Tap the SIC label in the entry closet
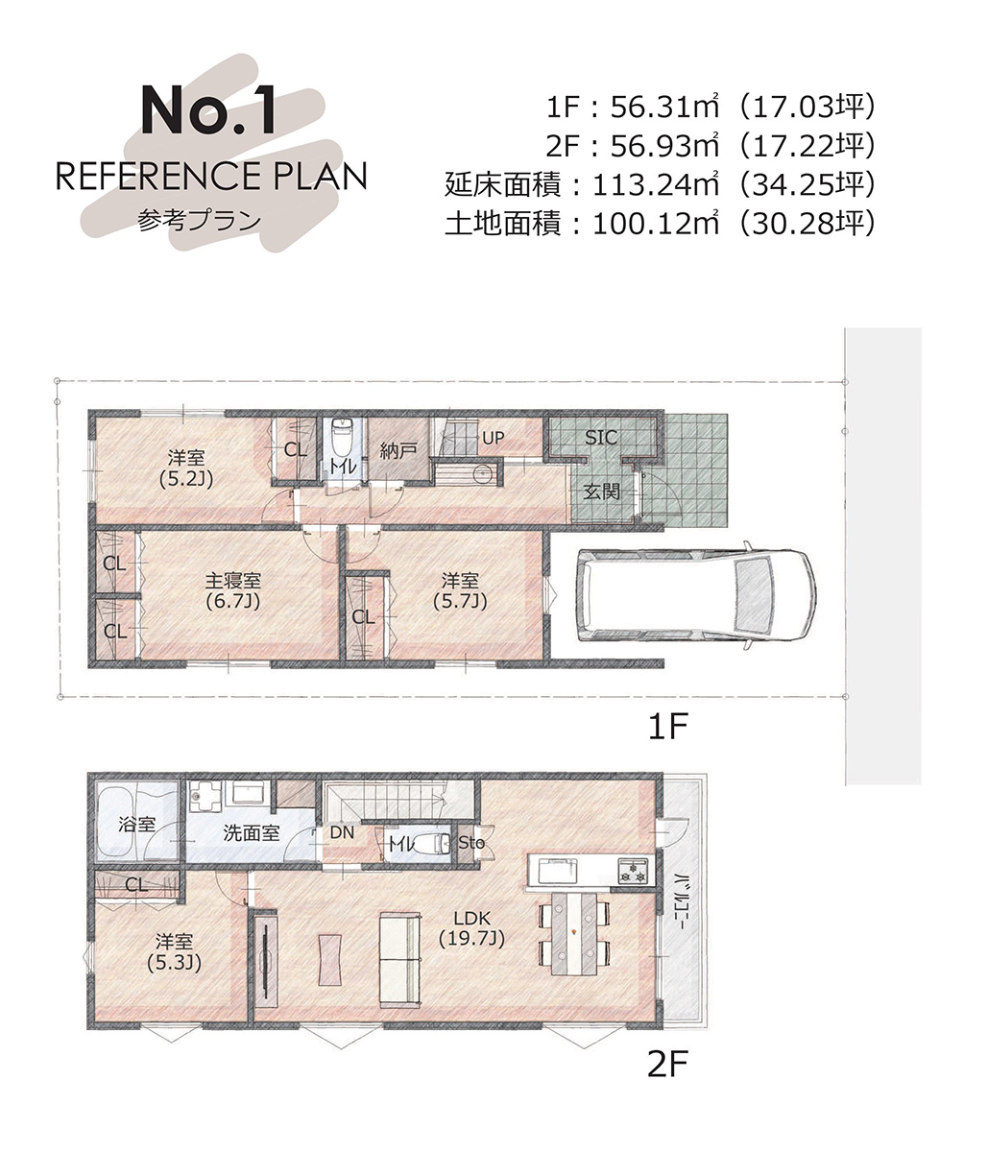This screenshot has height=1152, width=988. pyautogui.click(x=601, y=438)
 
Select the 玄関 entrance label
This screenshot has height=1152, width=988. pyautogui.click(x=602, y=492)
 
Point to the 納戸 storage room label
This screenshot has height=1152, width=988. pyautogui.click(x=398, y=451)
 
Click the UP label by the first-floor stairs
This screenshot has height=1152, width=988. pyautogui.click(x=493, y=438)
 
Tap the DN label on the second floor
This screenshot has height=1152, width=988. pyautogui.click(x=342, y=832)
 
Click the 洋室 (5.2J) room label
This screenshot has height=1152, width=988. pyautogui.click(x=186, y=468)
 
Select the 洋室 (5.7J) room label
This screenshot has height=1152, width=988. pyautogui.click(x=460, y=590)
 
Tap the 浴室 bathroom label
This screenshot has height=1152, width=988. pyautogui.click(x=136, y=824)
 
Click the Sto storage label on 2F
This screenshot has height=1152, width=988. pyautogui.click(x=471, y=843)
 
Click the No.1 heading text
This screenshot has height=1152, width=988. pyautogui.click(x=208, y=110)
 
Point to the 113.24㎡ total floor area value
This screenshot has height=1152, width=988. pyautogui.click(x=656, y=185)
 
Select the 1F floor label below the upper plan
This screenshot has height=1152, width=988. pyautogui.click(x=667, y=726)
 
